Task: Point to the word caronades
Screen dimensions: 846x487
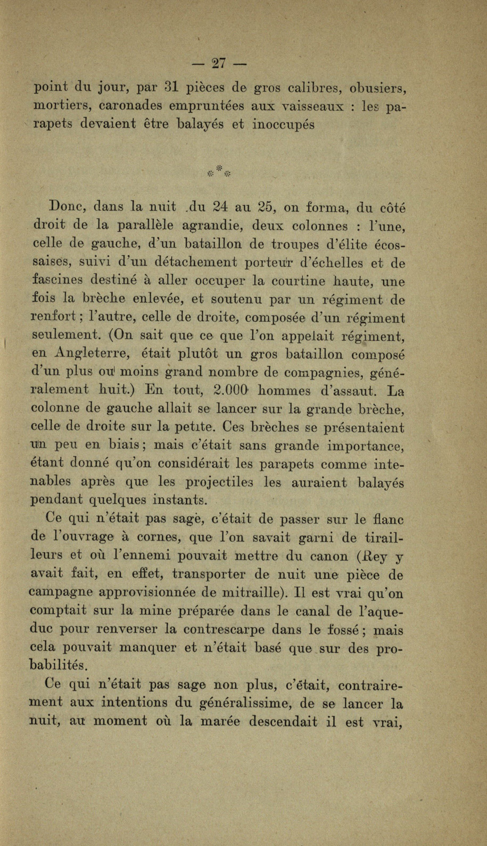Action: click(121, 105)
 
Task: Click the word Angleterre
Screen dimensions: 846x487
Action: click(97, 354)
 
